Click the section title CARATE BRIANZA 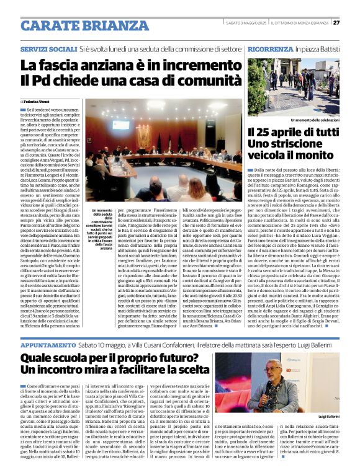(76, 25)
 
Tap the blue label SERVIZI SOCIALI (48, 48)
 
